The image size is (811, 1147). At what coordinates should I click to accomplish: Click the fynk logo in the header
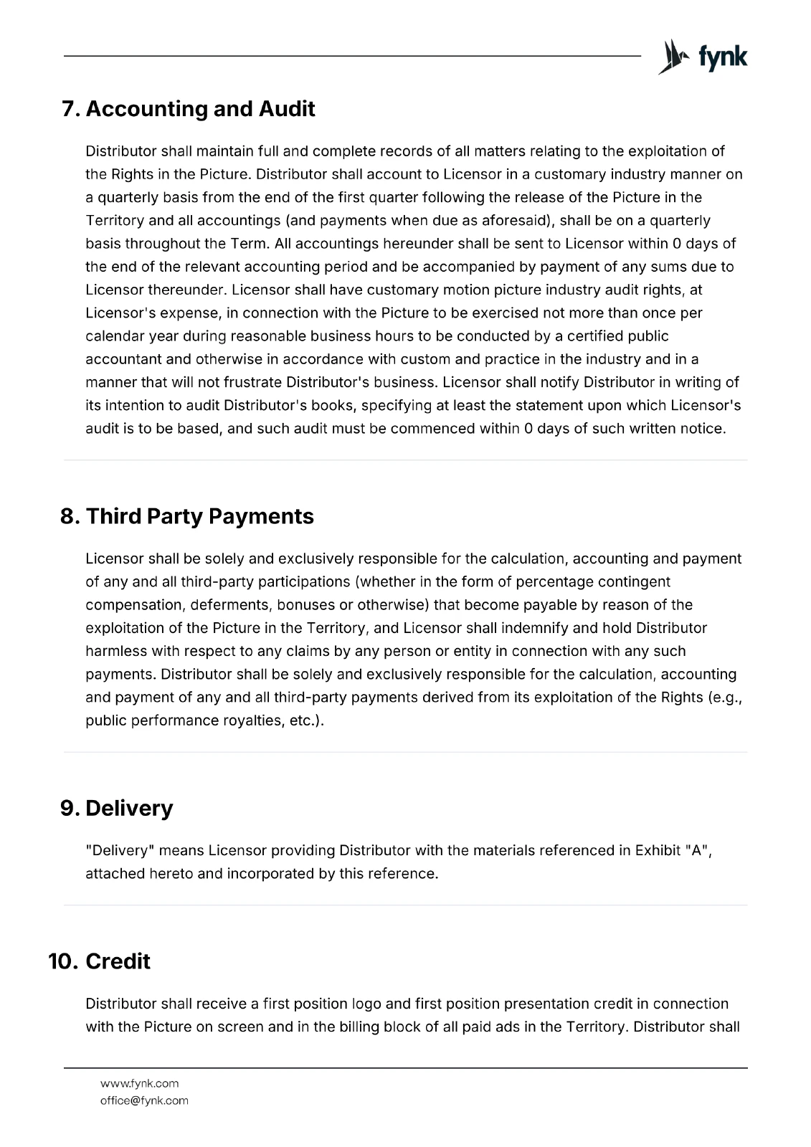tap(702, 57)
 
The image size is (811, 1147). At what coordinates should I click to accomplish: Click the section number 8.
tap(70, 516)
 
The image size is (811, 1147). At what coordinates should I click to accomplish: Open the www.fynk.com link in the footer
tap(139, 1083)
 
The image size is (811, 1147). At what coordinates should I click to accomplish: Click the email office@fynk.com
tap(144, 1100)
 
